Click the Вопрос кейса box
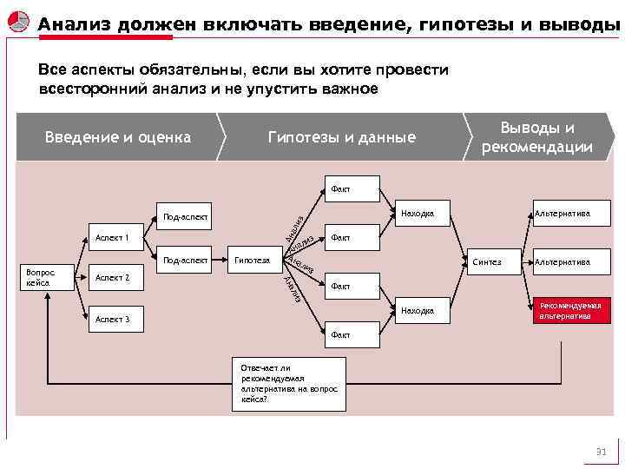coord(39,277)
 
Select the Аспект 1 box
coord(112,237)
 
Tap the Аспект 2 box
coord(112,278)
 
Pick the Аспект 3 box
coord(112,320)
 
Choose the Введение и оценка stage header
coord(118,137)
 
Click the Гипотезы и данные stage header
coord(342,137)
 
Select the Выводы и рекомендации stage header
coord(537,137)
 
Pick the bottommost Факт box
coord(339,334)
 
